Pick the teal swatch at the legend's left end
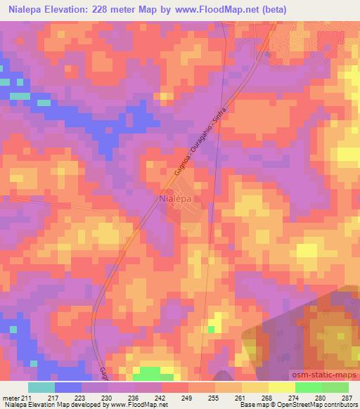point(41,387)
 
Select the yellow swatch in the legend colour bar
point(281,387)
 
